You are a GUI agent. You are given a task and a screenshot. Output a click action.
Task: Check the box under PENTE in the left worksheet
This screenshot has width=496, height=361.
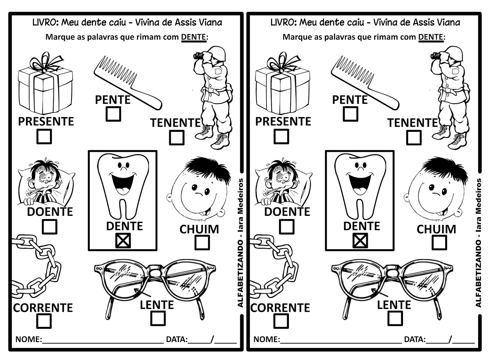pos(113,114)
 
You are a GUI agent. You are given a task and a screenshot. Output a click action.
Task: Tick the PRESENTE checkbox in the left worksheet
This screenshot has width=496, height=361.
pos(44,136)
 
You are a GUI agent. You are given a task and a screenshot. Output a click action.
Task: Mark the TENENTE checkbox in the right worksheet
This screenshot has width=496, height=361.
pos(414,137)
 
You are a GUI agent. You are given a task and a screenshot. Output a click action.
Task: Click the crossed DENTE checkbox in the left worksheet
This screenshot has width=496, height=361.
pos(123,241)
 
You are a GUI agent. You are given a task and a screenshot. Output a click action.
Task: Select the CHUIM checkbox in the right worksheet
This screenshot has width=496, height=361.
pos(439,243)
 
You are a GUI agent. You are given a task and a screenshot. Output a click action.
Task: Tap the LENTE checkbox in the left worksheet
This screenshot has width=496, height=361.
pos(158,319)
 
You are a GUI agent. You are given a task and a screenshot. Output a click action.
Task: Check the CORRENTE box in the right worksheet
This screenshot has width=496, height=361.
pos(281,321)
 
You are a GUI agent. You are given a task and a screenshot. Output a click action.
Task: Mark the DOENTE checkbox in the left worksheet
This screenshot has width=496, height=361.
pos(50,227)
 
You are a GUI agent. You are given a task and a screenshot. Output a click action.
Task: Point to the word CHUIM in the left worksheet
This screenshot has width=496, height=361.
pos(199,229)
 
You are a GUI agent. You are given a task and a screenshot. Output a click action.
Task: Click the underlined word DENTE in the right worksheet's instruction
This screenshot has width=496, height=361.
pos(431,37)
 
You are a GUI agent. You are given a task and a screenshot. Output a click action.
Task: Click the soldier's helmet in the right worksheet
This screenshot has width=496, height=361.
pos(454,53)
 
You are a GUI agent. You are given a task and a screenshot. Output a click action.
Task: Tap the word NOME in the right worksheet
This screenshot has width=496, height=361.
pos(266,339)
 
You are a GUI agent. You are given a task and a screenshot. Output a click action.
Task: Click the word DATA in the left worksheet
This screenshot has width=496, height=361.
pos(176,339)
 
